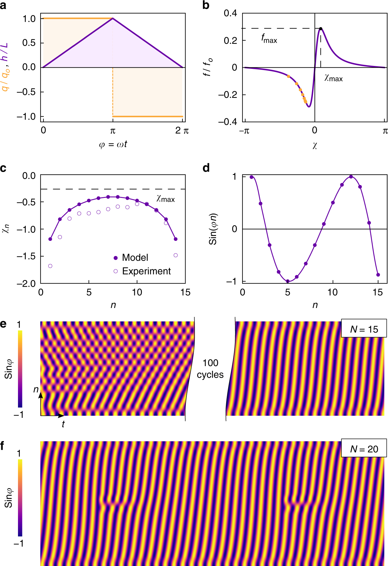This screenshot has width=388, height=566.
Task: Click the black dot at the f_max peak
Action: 320,29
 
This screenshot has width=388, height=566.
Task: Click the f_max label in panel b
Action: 269,38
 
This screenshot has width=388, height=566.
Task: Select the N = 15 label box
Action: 364,329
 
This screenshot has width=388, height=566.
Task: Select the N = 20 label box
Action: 364,449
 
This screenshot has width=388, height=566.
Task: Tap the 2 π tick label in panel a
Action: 182,131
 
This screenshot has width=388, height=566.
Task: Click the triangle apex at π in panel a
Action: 113,19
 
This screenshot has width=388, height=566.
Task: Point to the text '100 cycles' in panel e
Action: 210,369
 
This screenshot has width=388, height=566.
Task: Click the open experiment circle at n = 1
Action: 50,266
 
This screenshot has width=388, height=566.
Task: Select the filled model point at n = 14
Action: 175,239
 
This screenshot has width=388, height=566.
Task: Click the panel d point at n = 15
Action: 378,275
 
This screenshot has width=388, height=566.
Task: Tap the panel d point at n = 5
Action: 288,281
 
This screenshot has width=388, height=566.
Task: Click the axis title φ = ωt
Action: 113,144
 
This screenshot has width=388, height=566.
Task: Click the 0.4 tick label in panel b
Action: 230,13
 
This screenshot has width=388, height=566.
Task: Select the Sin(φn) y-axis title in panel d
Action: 213,229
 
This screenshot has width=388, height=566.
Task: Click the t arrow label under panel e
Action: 63,424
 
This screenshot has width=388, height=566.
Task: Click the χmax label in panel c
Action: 166,199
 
